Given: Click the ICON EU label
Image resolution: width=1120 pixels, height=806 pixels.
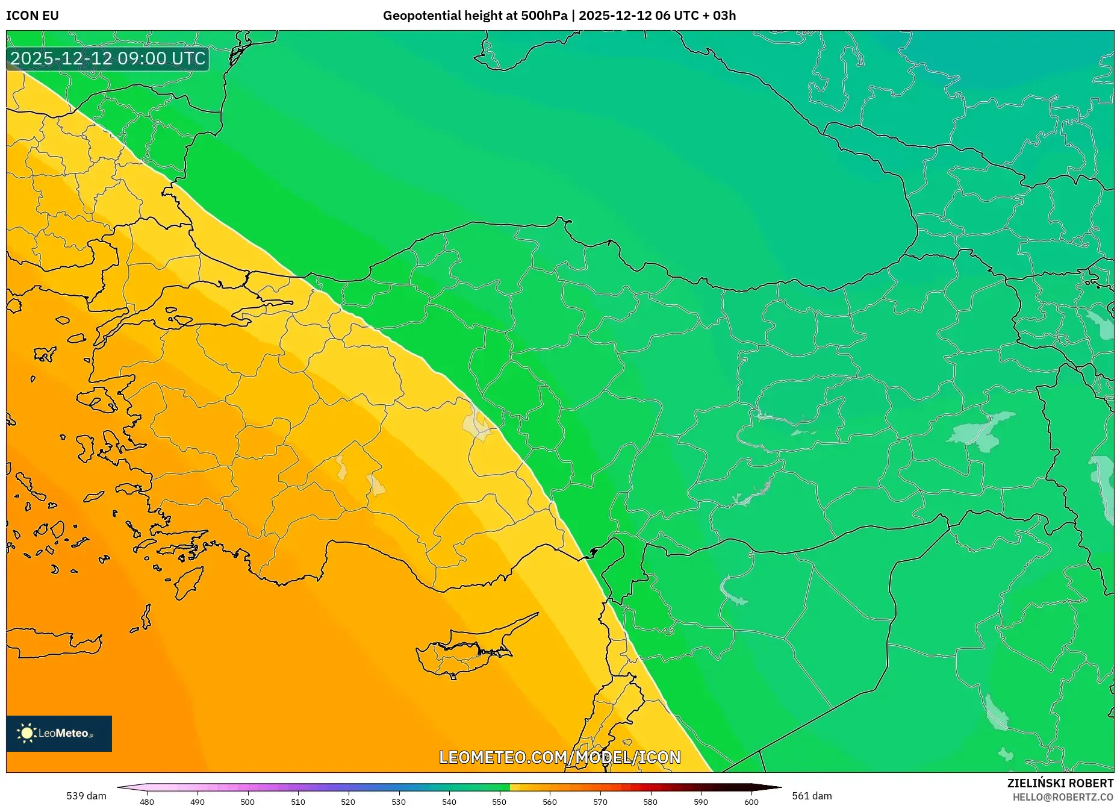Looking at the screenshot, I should (33, 16).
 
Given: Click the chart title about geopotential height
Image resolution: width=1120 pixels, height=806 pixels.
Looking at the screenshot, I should (559, 16).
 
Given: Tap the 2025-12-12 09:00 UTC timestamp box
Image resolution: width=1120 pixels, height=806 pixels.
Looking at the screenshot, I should (108, 58).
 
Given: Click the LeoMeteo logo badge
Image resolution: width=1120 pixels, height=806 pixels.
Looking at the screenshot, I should (59, 733).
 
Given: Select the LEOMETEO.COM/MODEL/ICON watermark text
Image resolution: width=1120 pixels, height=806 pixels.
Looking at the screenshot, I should (559, 757).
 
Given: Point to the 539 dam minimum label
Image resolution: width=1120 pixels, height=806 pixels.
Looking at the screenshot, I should (86, 796).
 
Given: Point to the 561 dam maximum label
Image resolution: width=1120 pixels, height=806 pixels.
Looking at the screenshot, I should (812, 796).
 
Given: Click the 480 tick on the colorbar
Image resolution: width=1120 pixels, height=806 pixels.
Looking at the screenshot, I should (147, 802).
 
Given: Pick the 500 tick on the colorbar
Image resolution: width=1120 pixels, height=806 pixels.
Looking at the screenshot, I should (247, 802).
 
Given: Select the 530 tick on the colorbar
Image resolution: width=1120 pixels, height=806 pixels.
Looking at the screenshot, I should (399, 802).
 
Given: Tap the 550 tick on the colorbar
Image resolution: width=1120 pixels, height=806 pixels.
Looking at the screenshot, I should (499, 802).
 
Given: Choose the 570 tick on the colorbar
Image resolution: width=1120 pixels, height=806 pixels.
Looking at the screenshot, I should (600, 802).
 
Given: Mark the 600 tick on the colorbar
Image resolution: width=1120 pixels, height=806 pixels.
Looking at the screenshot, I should (751, 802).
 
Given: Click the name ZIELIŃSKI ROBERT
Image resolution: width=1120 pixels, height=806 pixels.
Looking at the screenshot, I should (1060, 783).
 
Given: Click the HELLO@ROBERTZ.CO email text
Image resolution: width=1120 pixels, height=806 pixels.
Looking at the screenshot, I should (1063, 797).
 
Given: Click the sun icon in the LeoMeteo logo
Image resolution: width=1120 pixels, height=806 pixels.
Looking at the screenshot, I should (26, 733).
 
